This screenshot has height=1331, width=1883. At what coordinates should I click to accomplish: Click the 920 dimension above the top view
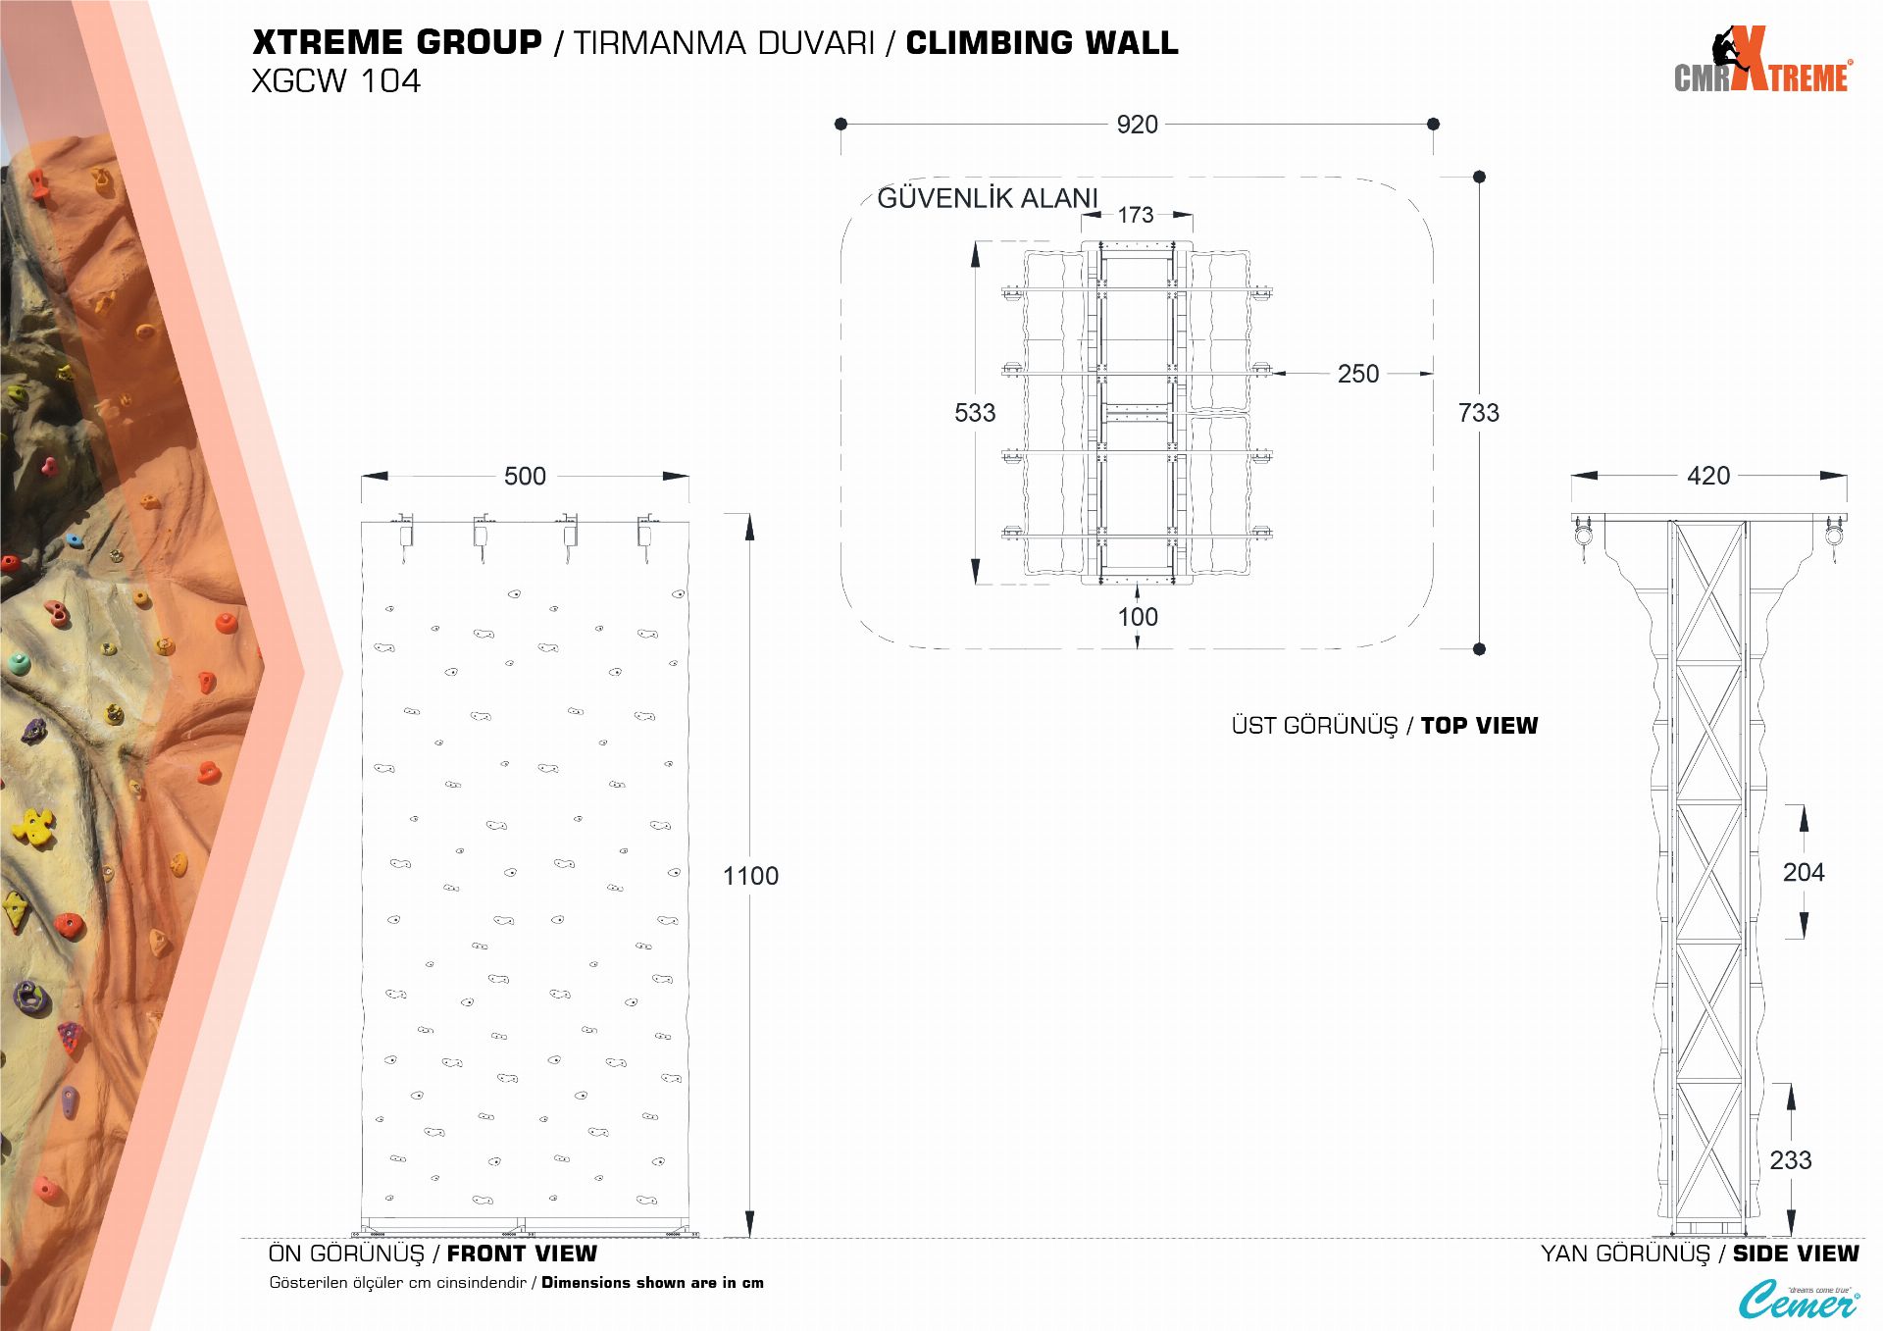point(1137,125)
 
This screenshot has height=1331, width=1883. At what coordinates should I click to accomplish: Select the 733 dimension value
point(1479,413)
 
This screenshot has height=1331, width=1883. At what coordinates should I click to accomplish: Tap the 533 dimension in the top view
point(975,413)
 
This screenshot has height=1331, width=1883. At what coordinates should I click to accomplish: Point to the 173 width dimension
point(1136,215)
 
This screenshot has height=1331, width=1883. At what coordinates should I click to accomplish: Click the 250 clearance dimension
point(1358,374)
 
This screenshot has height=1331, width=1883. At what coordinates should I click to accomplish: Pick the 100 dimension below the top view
point(1138,617)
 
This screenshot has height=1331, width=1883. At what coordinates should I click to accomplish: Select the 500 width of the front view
point(525,476)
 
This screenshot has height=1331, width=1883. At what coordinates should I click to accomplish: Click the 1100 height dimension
point(750,876)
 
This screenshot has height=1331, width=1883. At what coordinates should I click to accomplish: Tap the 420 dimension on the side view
point(1708,476)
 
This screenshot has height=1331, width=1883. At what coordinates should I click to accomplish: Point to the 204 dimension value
point(1804,872)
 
